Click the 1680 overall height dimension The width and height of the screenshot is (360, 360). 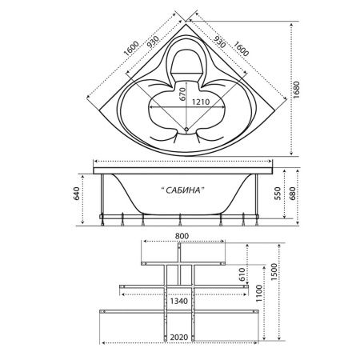tap(296, 90)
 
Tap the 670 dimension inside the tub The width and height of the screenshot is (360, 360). tap(182, 94)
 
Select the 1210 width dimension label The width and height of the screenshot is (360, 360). tap(201, 102)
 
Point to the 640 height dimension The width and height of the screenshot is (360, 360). tap(77, 194)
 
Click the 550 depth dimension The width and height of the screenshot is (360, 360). tap(278, 194)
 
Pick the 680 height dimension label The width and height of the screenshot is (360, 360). tap(292, 194)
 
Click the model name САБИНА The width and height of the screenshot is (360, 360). tap(183, 190)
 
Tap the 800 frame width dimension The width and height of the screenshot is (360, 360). tap(182, 236)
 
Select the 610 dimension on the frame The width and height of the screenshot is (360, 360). tap(242, 274)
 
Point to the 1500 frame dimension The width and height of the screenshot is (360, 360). tap(274, 272)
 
